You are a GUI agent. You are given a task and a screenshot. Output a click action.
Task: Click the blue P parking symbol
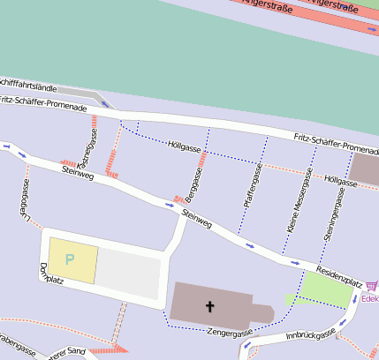pyautogui.click(x=70, y=260)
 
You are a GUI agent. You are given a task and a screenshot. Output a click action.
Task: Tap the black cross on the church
pyautogui.click(x=210, y=307)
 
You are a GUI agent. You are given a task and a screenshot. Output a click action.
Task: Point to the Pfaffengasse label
pyautogui.click(x=251, y=186)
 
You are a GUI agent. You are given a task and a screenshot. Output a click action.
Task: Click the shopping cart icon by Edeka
pyautogui.click(x=371, y=286)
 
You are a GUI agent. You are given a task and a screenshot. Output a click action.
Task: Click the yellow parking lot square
pyautogui.click(x=72, y=260)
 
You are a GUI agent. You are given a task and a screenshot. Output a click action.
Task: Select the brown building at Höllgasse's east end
pyautogui.click(x=365, y=169)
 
